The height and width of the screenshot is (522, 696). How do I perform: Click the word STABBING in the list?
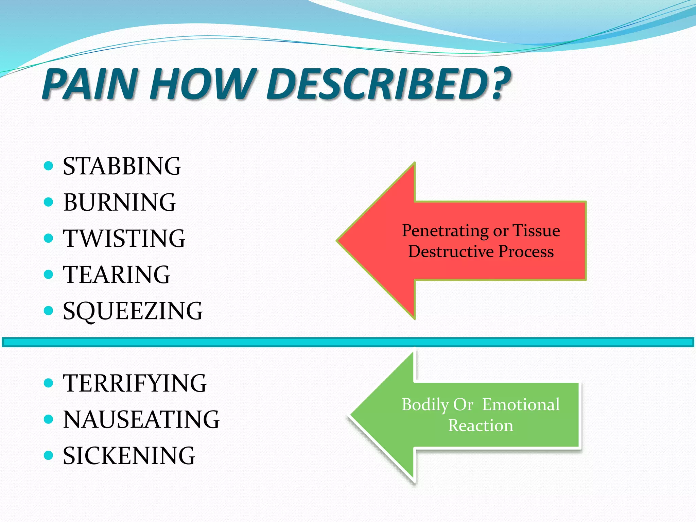(x=122, y=166)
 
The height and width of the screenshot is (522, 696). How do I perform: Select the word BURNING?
(x=119, y=203)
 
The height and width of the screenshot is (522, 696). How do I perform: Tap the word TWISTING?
(x=124, y=238)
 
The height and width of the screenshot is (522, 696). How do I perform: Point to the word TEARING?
(x=116, y=275)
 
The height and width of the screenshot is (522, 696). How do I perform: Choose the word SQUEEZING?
(x=133, y=311)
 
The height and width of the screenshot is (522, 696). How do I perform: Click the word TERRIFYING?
(x=135, y=383)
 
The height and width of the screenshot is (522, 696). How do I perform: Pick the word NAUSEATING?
(x=141, y=419)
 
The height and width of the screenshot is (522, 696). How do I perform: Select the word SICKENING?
(x=129, y=456)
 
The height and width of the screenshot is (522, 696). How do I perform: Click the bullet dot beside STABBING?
(x=49, y=166)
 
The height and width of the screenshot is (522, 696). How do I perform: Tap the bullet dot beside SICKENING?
(x=49, y=455)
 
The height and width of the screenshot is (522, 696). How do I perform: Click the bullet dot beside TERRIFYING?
(x=49, y=383)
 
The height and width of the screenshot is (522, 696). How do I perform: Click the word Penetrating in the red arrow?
(x=446, y=231)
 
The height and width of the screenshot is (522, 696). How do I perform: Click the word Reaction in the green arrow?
(x=481, y=425)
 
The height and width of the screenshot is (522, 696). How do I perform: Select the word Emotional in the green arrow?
(x=521, y=405)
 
